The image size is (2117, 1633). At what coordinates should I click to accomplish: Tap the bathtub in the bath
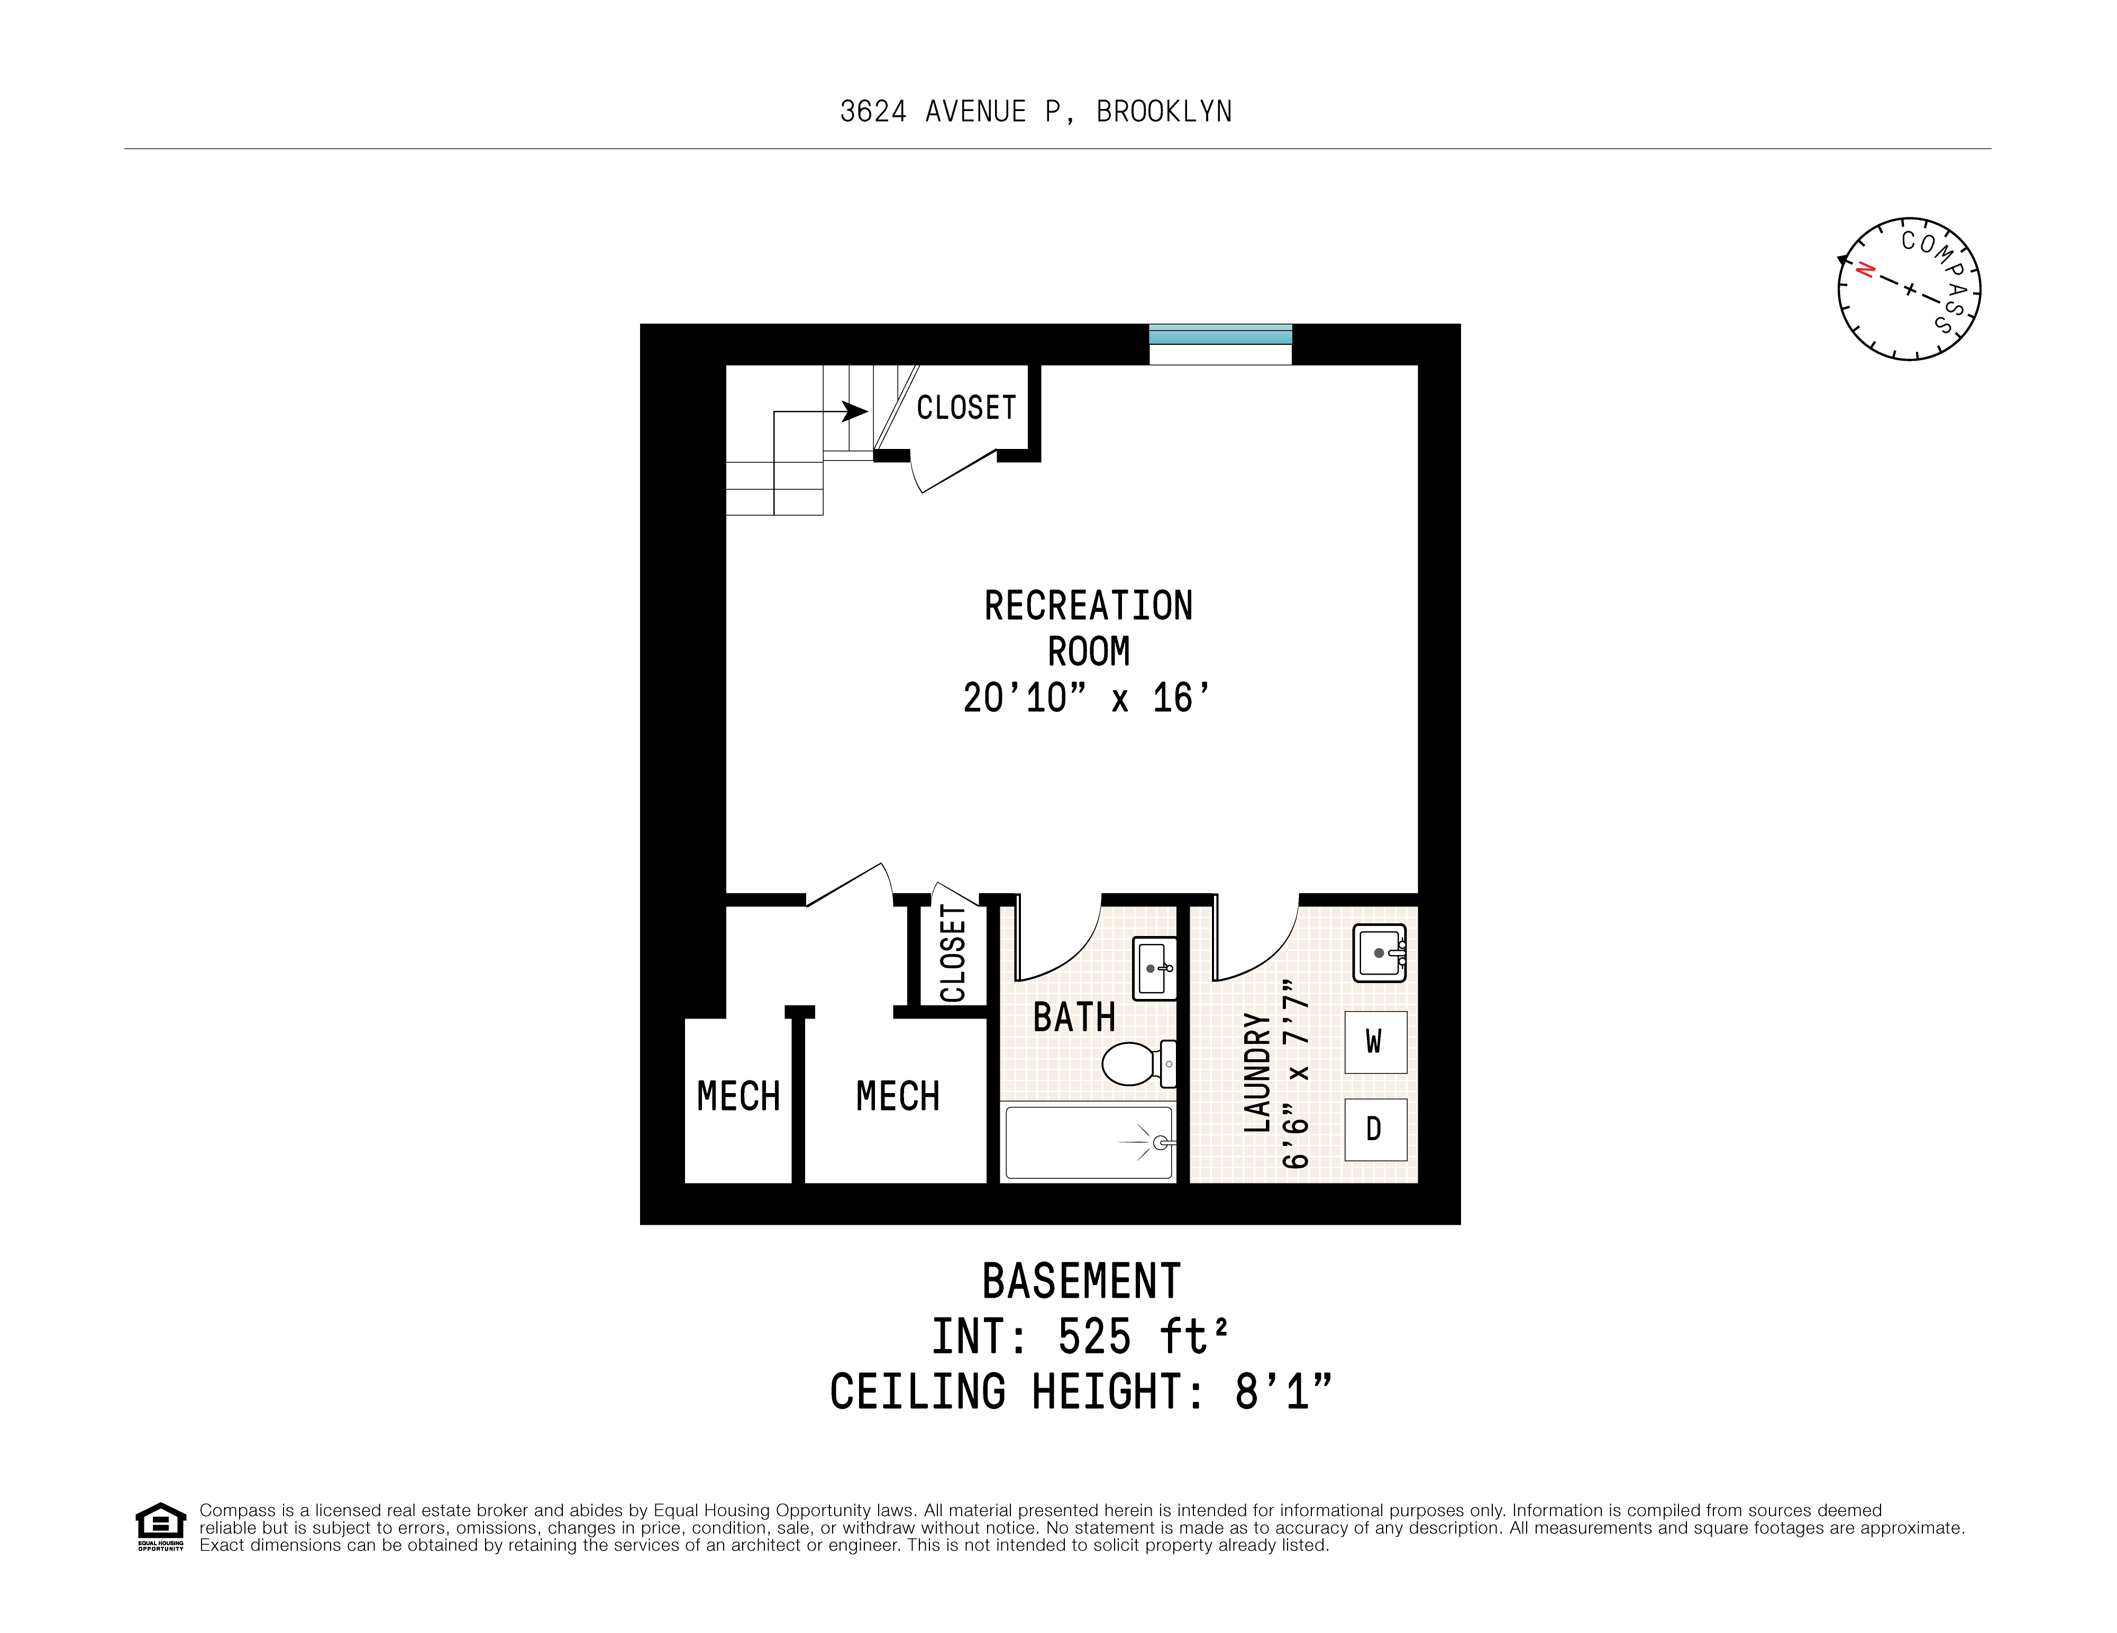[1089, 1143]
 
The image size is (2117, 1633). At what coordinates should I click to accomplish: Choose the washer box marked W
[1374, 1042]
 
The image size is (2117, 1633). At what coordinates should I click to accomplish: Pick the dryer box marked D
[1374, 1129]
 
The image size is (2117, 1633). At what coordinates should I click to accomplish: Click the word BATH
[1074, 1017]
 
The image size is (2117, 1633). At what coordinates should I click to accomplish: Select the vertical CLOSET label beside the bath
[953, 953]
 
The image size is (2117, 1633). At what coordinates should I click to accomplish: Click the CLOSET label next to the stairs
[966, 408]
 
